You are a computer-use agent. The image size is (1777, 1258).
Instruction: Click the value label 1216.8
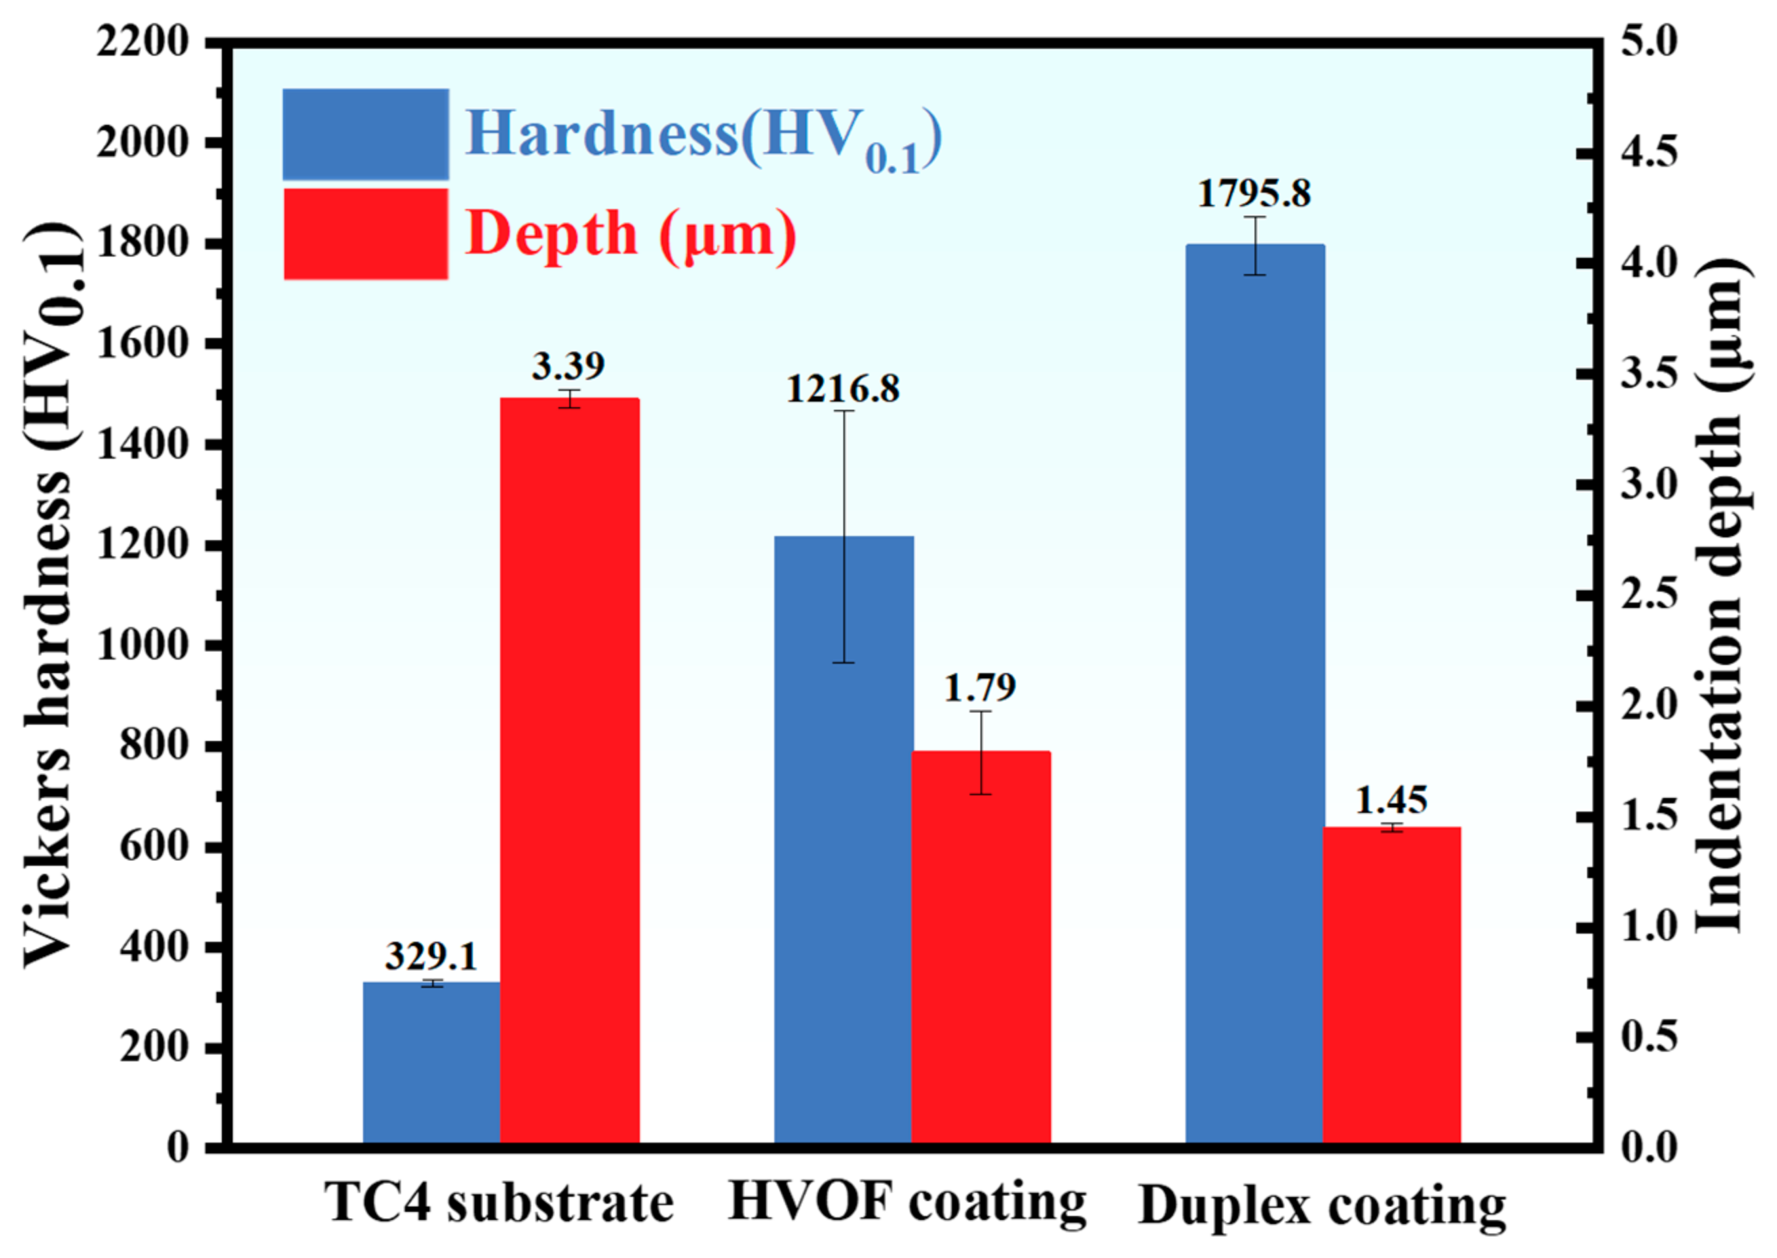tap(843, 389)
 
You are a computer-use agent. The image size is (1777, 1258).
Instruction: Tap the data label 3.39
tap(568, 366)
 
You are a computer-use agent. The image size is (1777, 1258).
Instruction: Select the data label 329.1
tap(431, 957)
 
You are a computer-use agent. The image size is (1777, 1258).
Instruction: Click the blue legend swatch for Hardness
tap(366, 135)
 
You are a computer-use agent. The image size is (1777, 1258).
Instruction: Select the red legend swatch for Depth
tap(366, 234)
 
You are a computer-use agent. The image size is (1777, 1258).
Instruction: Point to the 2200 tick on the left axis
tap(142, 42)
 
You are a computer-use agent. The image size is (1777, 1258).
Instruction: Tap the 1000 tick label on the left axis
tap(142, 646)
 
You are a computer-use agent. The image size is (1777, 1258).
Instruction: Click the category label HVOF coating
tap(906, 1204)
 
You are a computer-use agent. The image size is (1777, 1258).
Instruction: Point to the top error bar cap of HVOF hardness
tap(843, 411)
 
